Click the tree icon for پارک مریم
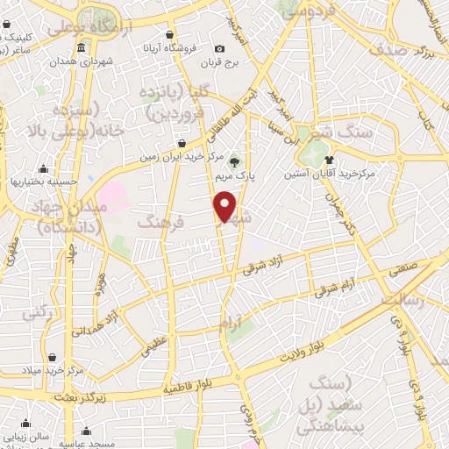click(234, 161)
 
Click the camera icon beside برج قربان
click(219, 47)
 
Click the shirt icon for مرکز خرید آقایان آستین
click(328, 160)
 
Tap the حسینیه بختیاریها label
click(44, 181)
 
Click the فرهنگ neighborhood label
click(160, 224)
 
